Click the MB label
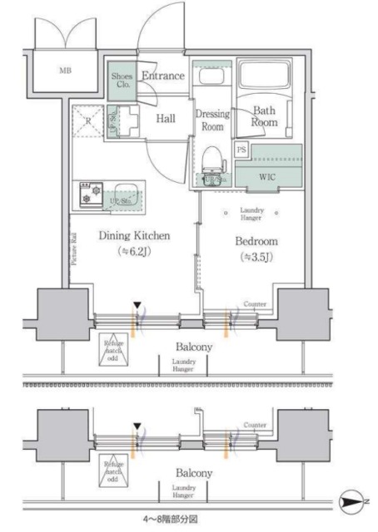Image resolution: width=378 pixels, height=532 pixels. coord(65,71)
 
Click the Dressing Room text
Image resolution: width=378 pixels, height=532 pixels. coord(212,121)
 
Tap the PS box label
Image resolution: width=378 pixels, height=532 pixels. coord(241,150)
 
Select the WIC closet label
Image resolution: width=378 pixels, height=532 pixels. coord(267,177)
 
